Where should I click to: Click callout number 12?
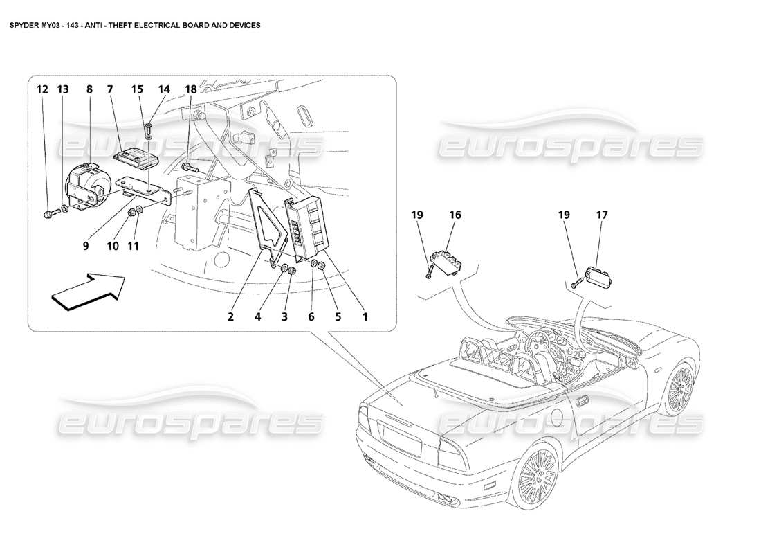point(43,89)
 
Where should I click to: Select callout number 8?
point(89,89)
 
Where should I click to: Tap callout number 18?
point(190,89)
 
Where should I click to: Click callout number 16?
point(455,215)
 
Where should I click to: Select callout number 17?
point(601,215)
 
